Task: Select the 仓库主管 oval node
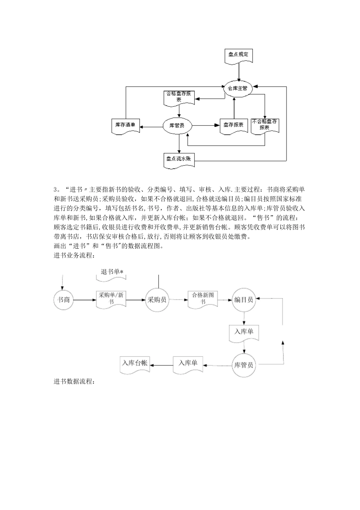[x=238, y=88]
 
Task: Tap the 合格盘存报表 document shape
[x=179, y=97]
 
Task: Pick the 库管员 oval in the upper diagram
[x=177, y=125]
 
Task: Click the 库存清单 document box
[x=125, y=125]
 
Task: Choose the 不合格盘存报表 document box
[x=265, y=124]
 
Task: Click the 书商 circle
[x=63, y=300]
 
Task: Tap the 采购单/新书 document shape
[x=111, y=299]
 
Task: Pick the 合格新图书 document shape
[x=203, y=298]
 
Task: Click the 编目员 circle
[x=244, y=300]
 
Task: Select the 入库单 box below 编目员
[x=244, y=332]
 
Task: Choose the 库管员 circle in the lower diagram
[x=244, y=365]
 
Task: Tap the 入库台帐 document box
[x=135, y=363]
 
